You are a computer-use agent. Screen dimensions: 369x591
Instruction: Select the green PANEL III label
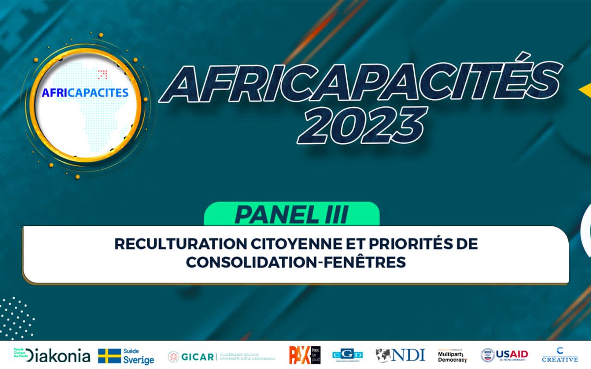pyautogui.click(x=292, y=215)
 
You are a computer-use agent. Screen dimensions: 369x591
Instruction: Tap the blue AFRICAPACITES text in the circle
pyautogui.click(x=85, y=92)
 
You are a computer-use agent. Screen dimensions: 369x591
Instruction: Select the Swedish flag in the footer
pyautogui.click(x=109, y=356)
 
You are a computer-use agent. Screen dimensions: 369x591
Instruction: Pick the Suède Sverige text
pyautogui.click(x=139, y=356)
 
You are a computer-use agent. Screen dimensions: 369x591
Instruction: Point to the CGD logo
pyautogui.click(x=348, y=355)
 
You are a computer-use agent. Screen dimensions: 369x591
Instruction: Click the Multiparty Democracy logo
pyautogui.click(x=453, y=355)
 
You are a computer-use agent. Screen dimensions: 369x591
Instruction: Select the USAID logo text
pyautogui.click(x=512, y=355)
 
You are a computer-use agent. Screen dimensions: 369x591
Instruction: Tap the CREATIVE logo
pyautogui.click(x=560, y=355)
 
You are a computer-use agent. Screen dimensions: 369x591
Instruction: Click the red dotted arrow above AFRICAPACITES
pyautogui.click(x=102, y=75)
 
